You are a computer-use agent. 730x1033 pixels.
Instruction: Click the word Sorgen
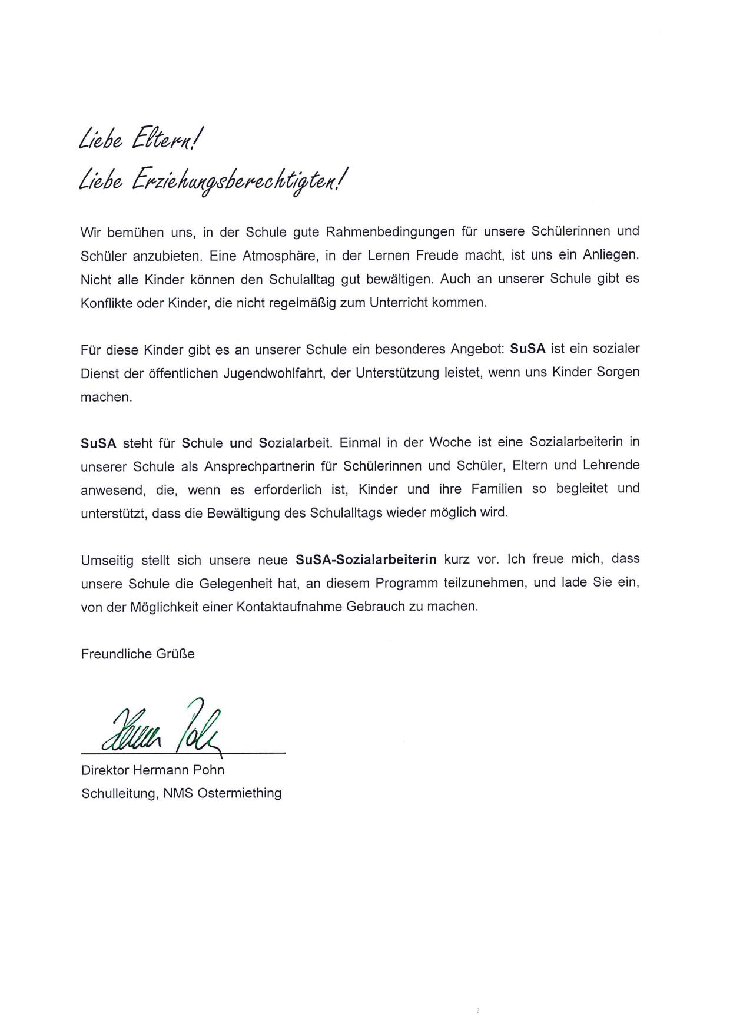click(x=617, y=373)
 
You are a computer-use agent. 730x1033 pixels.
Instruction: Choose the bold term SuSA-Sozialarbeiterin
click(x=366, y=559)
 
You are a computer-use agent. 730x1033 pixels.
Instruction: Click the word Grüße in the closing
click(x=174, y=654)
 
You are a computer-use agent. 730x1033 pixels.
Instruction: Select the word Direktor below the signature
click(x=104, y=770)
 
